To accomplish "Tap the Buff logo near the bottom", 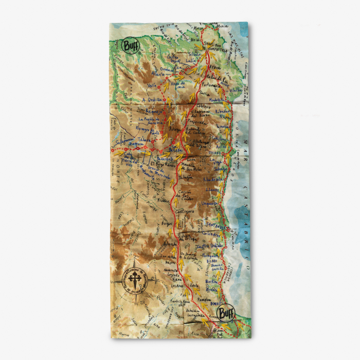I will [x=225, y=313].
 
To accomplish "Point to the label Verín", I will [x=152, y=85].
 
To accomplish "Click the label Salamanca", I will [x=126, y=139].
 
